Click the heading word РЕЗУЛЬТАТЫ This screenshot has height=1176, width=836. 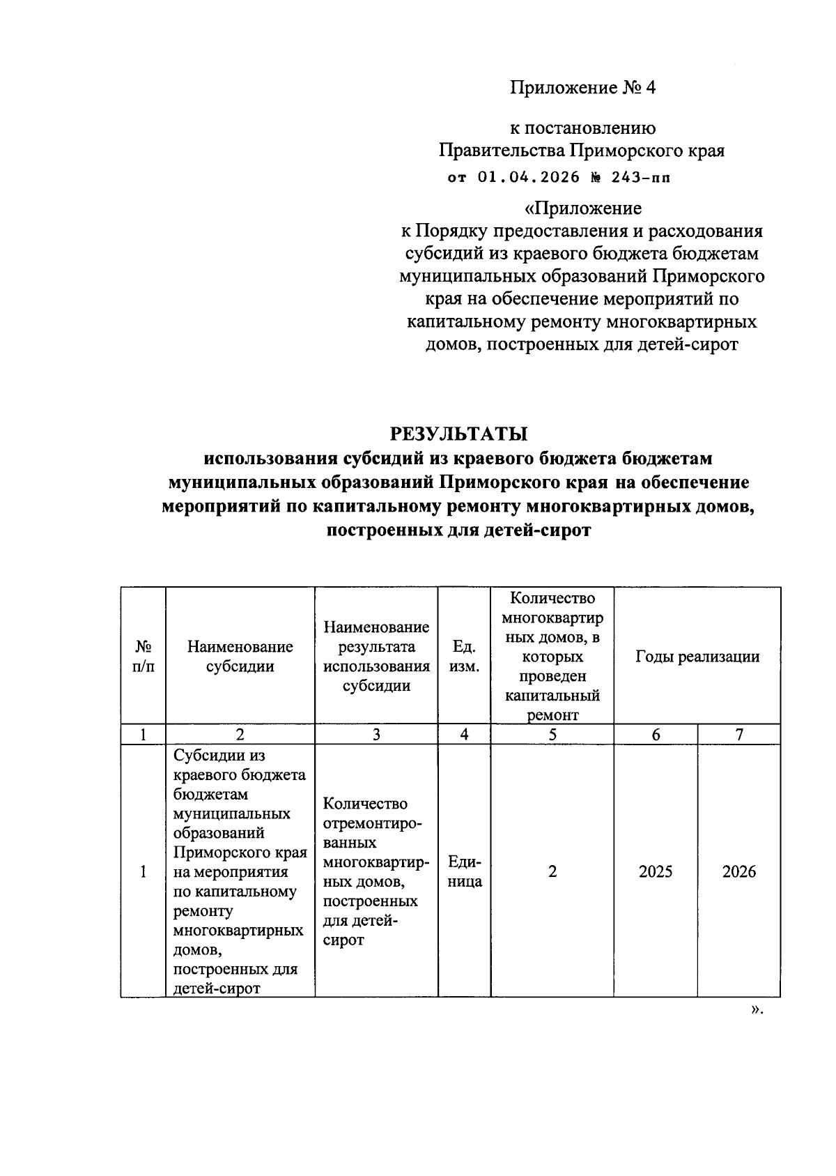pyautogui.click(x=458, y=434)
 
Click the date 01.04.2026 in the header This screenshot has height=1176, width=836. pyautogui.click(x=529, y=177)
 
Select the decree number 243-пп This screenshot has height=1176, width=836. pyautogui.click(x=642, y=177)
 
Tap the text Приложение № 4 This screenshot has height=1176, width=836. pyautogui.click(x=582, y=88)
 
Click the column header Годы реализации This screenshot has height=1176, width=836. pyautogui.click(x=697, y=656)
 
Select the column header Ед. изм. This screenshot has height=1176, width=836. pyautogui.click(x=464, y=656)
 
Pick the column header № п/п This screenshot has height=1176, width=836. pyautogui.click(x=143, y=656)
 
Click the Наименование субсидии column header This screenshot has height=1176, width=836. pyautogui.click(x=240, y=656)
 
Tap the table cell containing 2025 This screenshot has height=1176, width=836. pyautogui.click(x=656, y=871)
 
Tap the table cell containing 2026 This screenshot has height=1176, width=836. pyautogui.click(x=739, y=871)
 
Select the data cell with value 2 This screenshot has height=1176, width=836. pyautogui.click(x=552, y=871)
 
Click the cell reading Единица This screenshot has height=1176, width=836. pyautogui.click(x=465, y=871)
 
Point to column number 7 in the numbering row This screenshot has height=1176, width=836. pyautogui.click(x=739, y=734)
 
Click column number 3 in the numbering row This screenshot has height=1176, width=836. pyautogui.click(x=376, y=734)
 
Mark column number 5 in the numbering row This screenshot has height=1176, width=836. pyautogui.click(x=552, y=734)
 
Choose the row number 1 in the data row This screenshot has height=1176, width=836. pyautogui.click(x=143, y=871)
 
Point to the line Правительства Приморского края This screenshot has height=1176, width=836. pyautogui.click(x=582, y=151)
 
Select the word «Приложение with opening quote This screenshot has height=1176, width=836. pyautogui.click(x=582, y=208)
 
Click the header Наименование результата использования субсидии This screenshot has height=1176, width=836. pyautogui.click(x=376, y=656)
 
